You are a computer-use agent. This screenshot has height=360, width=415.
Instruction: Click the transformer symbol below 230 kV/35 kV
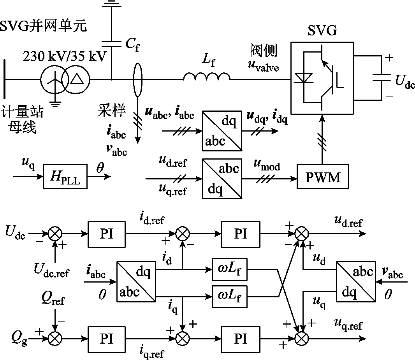click(x=65, y=80)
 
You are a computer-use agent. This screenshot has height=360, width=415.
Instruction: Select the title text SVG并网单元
click(x=43, y=26)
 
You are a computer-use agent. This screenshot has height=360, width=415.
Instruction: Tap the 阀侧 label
click(x=264, y=51)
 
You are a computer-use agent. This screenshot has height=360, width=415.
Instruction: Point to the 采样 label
click(x=111, y=111)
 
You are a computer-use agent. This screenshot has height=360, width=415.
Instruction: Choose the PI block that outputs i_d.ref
click(x=106, y=234)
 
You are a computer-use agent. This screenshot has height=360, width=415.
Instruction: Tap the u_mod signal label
click(x=267, y=167)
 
